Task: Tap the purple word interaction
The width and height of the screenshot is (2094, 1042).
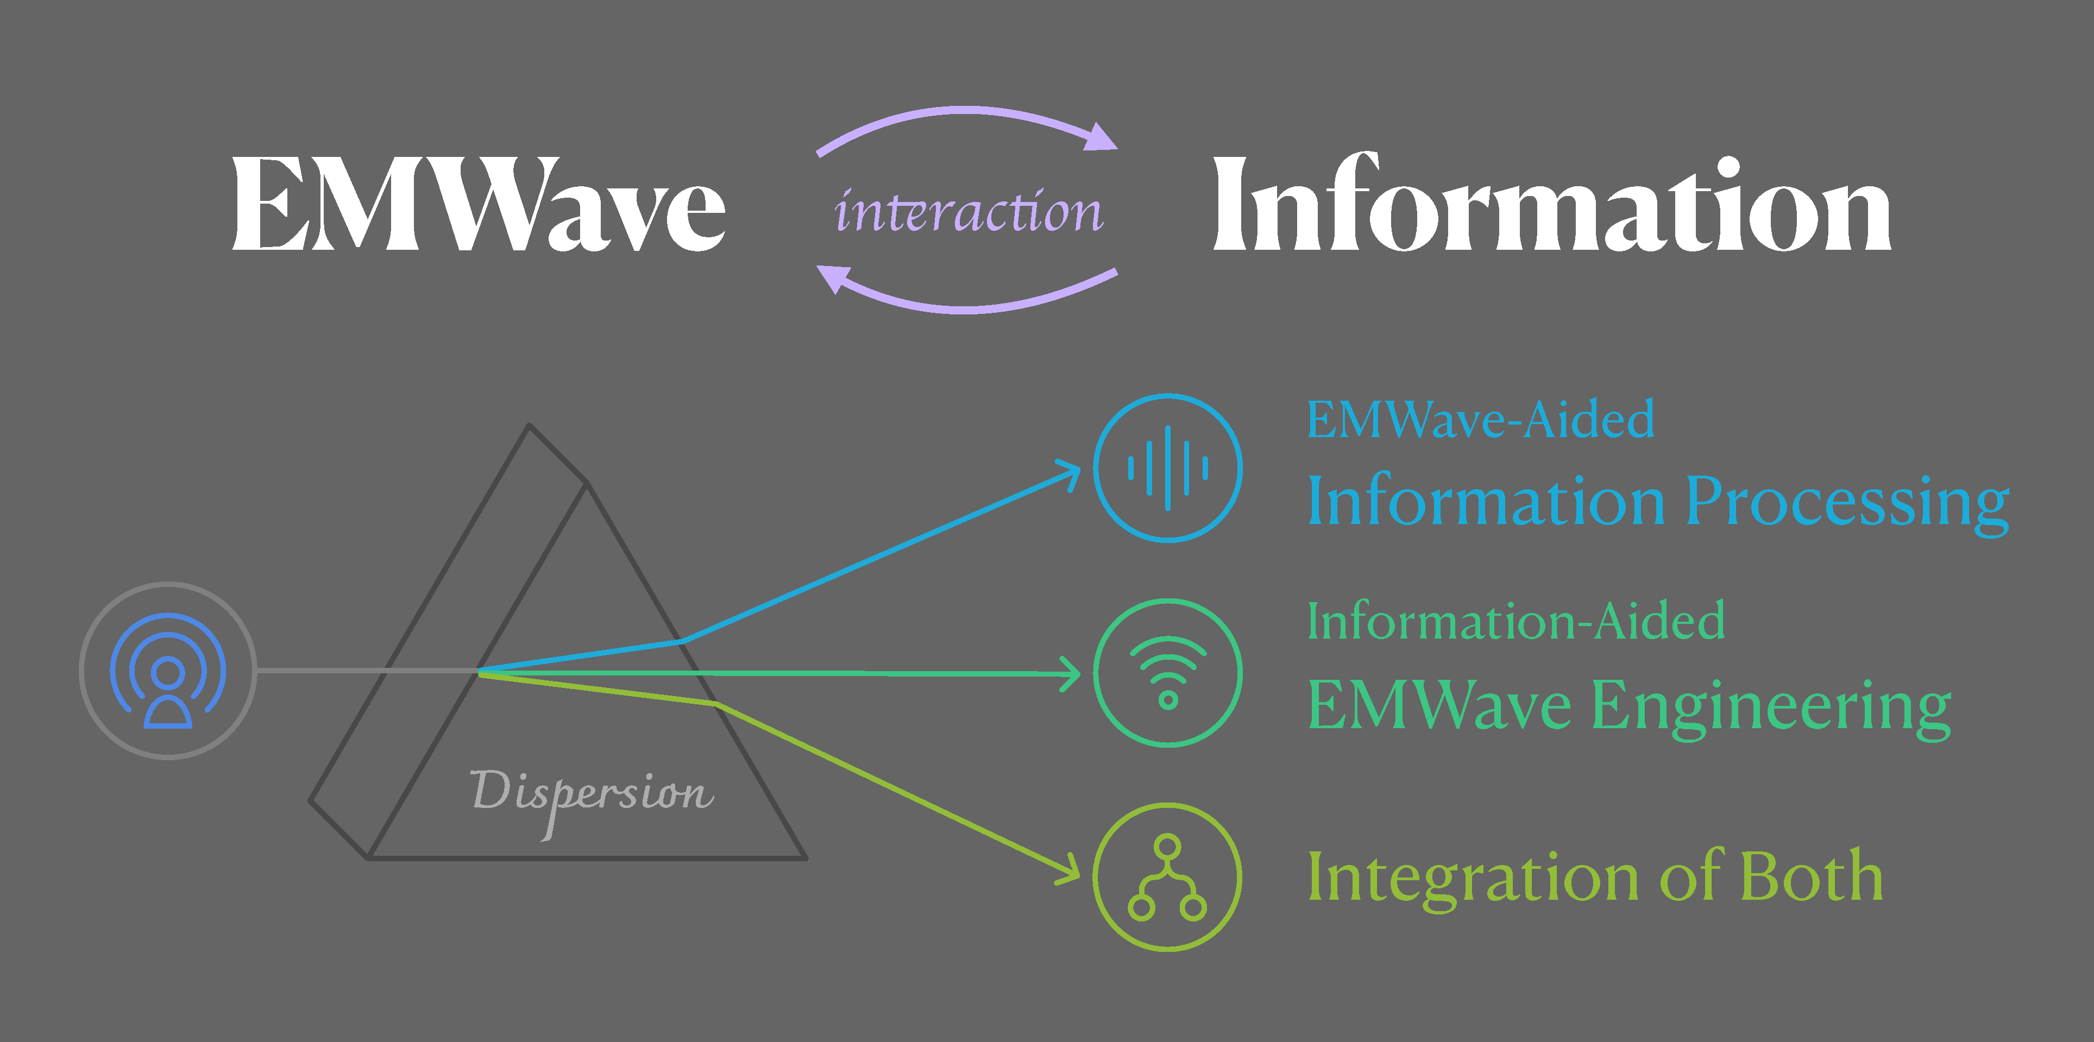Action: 968,211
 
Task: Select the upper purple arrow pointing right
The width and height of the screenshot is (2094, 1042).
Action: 967,122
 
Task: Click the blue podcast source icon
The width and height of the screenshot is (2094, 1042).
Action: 168,671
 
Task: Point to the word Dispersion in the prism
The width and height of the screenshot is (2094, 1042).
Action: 592,792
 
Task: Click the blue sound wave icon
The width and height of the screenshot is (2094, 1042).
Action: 1167,468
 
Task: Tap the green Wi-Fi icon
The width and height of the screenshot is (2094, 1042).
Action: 1167,673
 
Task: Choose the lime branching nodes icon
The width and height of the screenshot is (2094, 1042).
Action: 1167,877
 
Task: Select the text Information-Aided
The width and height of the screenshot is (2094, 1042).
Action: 1516,622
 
